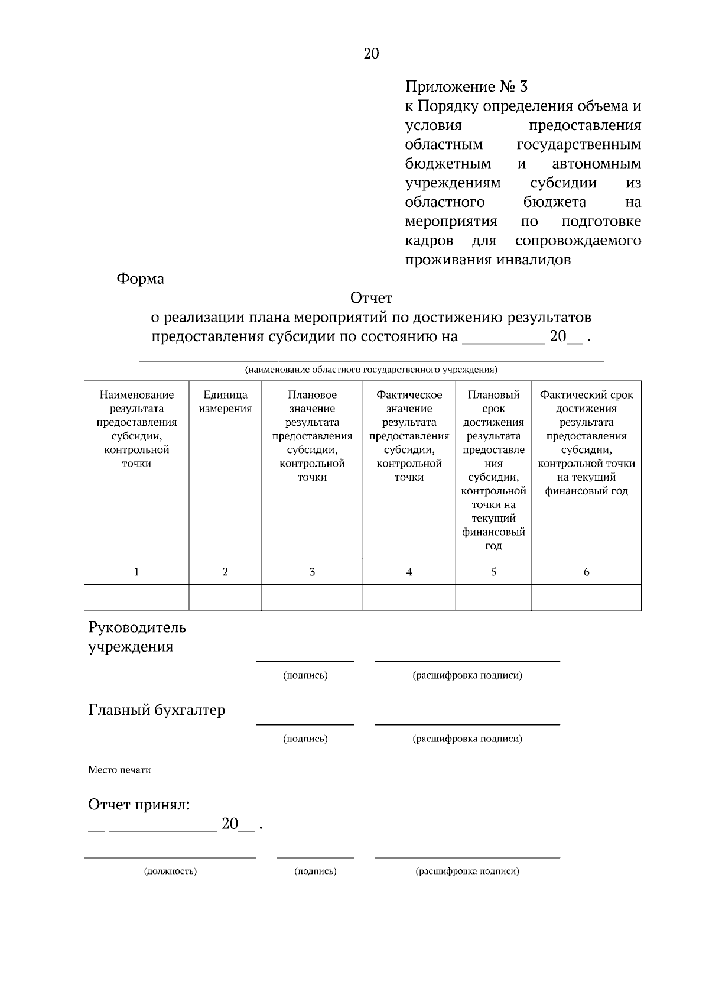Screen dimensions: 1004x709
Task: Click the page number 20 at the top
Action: click(371, 54)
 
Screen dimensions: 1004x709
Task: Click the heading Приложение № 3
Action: click(466, 87)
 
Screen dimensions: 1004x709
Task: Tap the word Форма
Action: click(140, 278)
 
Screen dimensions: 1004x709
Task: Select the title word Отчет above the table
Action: click(371, 297)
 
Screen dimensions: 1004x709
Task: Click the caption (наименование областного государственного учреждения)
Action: click(371, 370)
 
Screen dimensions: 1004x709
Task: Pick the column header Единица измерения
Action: click(225, 401)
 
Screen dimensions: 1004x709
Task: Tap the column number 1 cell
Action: click(136, 572)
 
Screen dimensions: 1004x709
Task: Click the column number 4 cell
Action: click(409, 572)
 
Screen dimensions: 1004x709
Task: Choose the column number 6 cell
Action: click(586, 572)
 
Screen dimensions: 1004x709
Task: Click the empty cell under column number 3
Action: click(312, 597)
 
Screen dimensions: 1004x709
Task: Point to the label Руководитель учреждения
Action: click(137, 637)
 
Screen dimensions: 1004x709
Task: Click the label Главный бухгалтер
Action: click(157, 710)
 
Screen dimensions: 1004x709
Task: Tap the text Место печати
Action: click(119, 770)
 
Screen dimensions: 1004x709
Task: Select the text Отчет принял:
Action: click(139, 805)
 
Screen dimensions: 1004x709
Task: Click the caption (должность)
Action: click(170, 871)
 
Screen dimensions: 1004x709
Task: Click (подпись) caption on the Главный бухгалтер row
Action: click(305, 739)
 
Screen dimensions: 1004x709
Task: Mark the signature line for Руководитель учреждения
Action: click(305, 660)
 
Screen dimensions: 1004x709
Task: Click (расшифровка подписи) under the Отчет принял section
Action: click(467, 871)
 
